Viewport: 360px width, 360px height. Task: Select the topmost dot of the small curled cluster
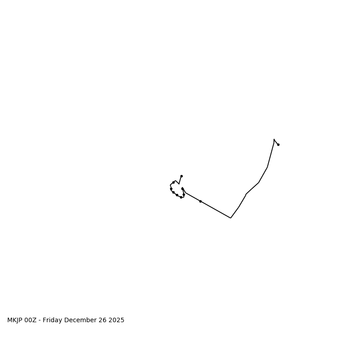pyautogui.click(x=181, y=176)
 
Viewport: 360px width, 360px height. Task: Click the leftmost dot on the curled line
pyautogui.click(x=171, y=189)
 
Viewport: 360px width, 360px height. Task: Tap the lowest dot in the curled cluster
pyautogui.click(x=181, y=197)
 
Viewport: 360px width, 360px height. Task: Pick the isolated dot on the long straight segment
pyautogui.click(x=200, y=201)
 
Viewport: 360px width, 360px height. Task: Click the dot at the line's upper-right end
pyautogui.click(x=278, y=144)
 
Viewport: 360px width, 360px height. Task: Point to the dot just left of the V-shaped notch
pyautogui.click(x=173, y=182)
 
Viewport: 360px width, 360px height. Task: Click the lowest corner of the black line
pyautogui.click(x=230, y=218)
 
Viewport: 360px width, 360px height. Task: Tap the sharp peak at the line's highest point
pyautogui.click(x=274, y=139)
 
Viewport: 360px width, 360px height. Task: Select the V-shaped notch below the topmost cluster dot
pyautogui.click(x=179, y=184)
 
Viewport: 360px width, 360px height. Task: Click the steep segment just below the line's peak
pyautogui.click(x=271, y=153)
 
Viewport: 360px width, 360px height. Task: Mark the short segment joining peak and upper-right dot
pyautogui.click(x=276, y=142)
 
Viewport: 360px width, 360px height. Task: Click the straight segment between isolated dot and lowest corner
pyautogui.click(x=216, y=210)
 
